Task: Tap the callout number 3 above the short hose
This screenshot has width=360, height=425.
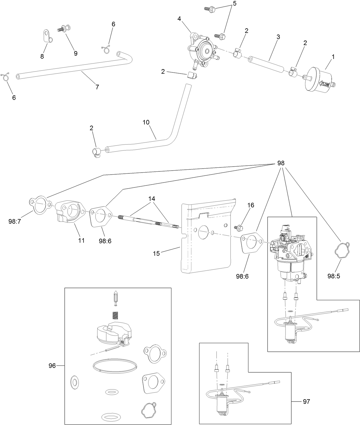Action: [278, 37]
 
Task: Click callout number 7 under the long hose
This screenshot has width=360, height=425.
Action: [97, 87]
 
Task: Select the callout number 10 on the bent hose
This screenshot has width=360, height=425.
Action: [146, 122]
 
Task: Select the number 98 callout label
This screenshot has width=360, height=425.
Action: [281, 163]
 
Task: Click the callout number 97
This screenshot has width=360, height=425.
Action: [306, 402]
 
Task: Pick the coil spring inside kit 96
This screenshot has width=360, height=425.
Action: [114, 316]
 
